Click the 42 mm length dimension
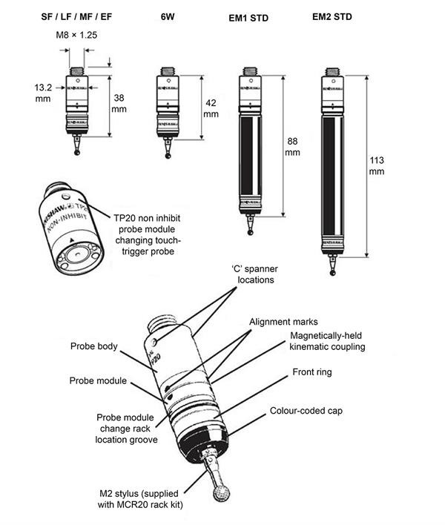click(211, 109)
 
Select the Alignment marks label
click(284, 322)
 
